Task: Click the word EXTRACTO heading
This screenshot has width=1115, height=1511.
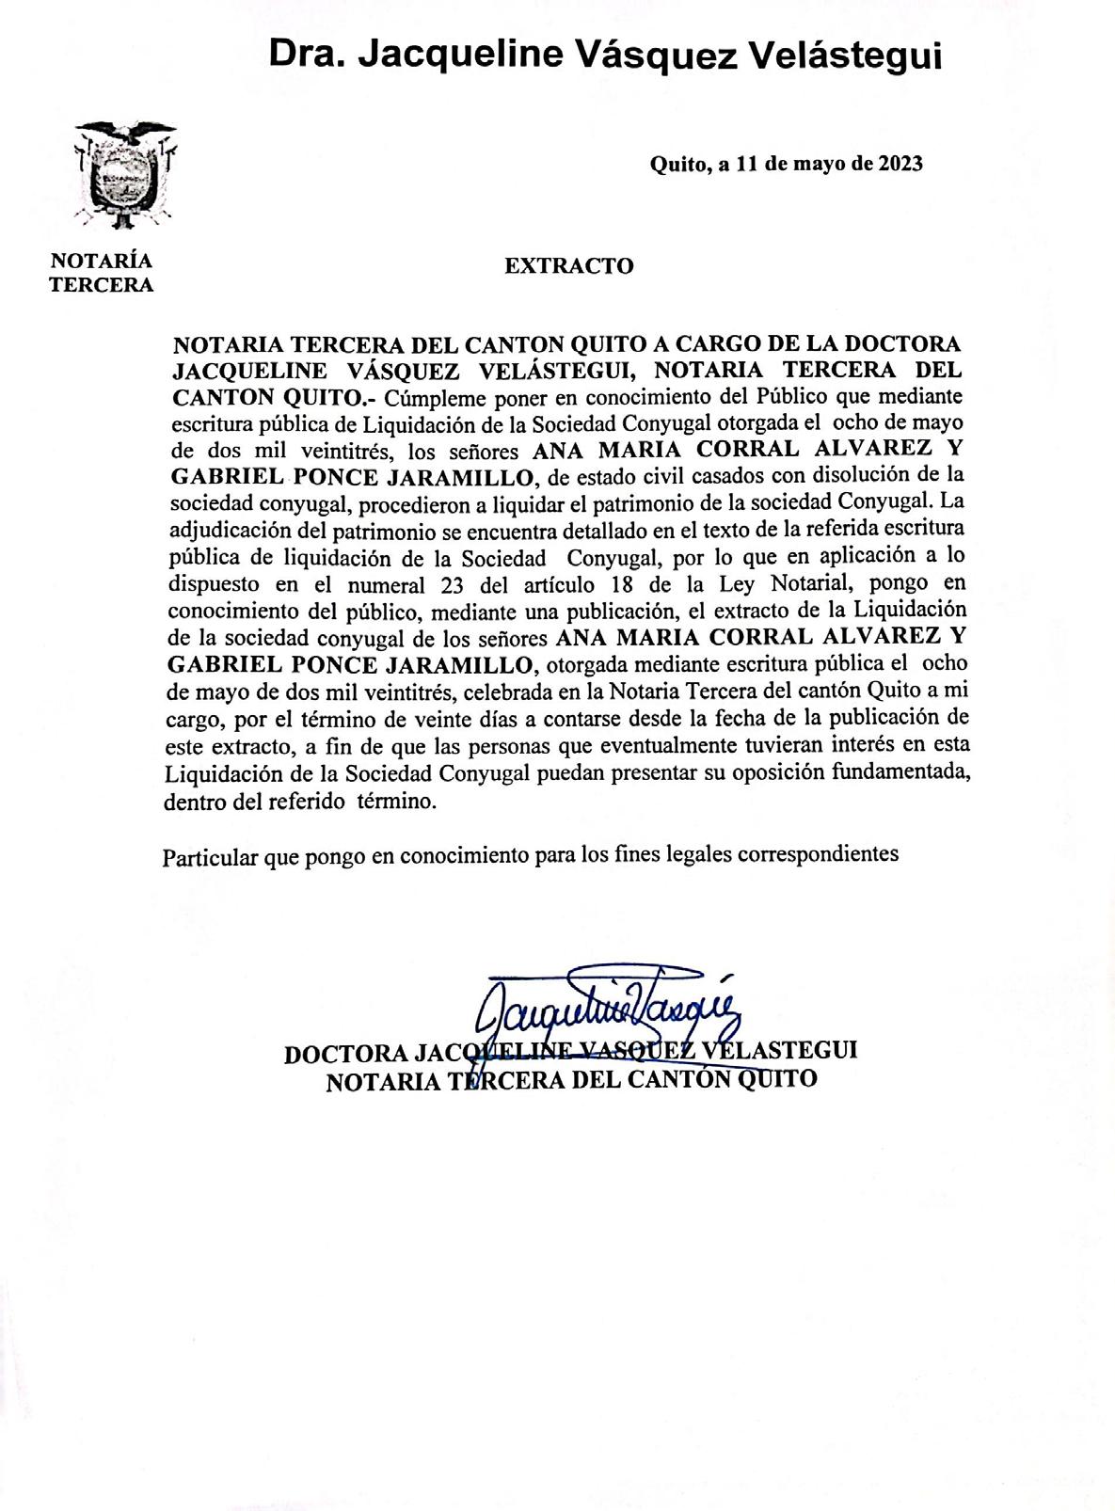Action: pyautogui.click(x=568, y=266)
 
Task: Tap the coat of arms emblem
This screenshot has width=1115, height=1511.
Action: pyautogui.click(x=125, y=176)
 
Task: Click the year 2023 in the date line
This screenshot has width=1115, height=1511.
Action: pyautogui.click(x=900, y=164)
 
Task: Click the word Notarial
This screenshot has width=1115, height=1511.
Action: pyautogui.click(x=806, y=582)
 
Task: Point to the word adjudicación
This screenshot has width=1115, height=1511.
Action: pyautogui.click(x=229, y=529)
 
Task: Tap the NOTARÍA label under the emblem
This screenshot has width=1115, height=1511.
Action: pyautogui.click(x=101, y=262)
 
